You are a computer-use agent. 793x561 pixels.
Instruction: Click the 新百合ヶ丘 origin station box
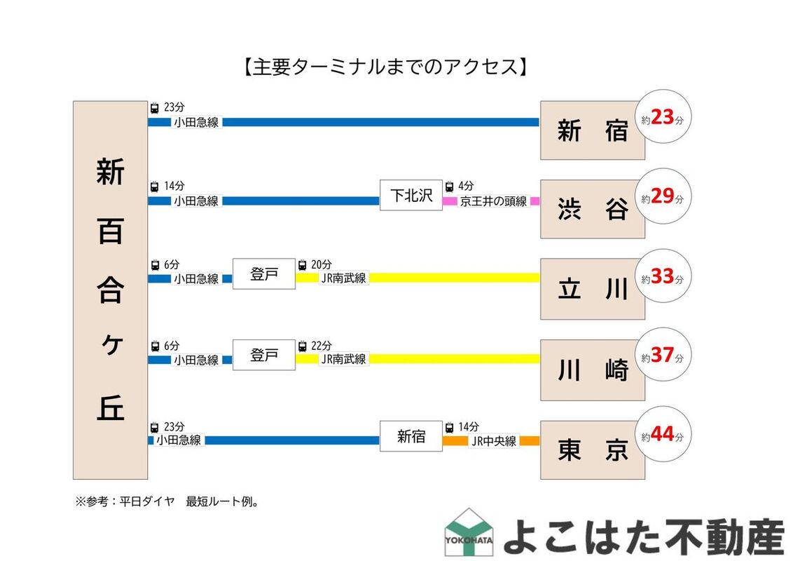pos(110,290)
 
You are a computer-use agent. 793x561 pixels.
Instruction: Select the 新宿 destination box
pos(592,130)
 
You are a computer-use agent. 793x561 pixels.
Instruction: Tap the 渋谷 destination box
pos(592,209)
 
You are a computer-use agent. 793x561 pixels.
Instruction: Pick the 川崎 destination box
pos(592,370)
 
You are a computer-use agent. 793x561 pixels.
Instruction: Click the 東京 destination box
pos(592,450)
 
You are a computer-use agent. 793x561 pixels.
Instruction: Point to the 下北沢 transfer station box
pos(411,195)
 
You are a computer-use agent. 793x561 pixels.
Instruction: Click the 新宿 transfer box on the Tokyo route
pos(411,436)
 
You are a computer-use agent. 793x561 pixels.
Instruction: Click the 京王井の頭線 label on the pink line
pos(493,201)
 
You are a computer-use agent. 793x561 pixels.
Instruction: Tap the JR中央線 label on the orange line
pos(494,441)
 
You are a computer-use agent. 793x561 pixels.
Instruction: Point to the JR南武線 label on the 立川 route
pos(343,278)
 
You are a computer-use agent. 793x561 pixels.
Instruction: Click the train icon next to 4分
pos(450,187)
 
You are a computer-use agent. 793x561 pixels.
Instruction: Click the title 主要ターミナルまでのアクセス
pos(385,67)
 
